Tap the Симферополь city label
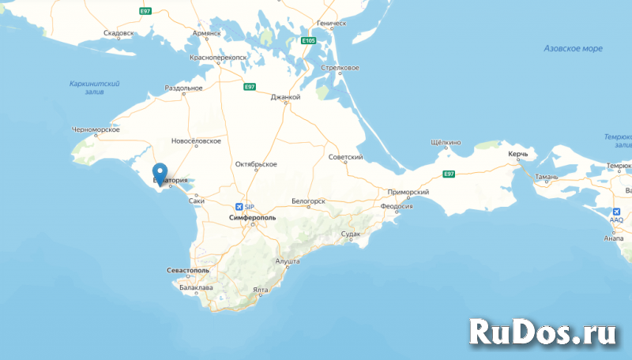(250, 216)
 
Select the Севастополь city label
(189, 270)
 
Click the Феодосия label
(397, 206)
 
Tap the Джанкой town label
(285, 97)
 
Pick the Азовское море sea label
(573, 48)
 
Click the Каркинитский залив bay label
(94, 88)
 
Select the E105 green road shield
(308, 40)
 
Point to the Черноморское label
(94, 129)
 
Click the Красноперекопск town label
(218, 58)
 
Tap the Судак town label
(351, 234)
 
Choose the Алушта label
(287, 261)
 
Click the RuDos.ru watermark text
(543, 330)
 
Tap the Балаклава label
(195, 287)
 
